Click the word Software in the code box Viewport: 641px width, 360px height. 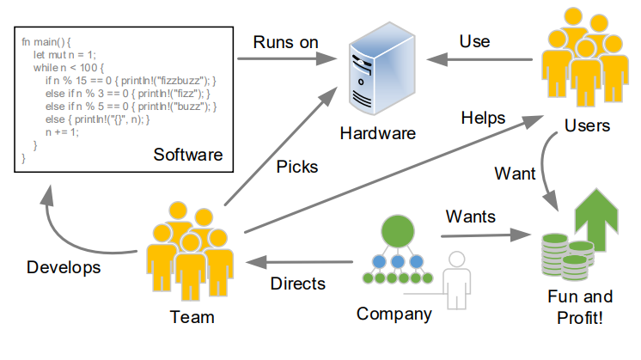click(187, 156)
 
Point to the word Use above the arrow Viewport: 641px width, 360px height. click(475, 40)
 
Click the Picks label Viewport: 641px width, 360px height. click(297, 167)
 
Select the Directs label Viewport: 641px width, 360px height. click(298, 283)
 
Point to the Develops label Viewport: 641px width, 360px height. click(63, 267)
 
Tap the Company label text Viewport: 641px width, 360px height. click(394, 314)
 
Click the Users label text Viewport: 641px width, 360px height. click(587, 126)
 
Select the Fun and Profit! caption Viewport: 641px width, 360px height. click(579, 307)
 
